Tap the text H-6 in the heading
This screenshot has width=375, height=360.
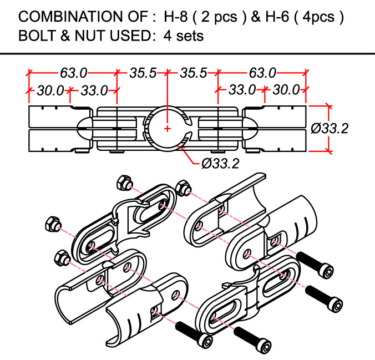click(x=276, y=17)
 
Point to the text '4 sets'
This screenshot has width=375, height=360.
click(x=184, y=37)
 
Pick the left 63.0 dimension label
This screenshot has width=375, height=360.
click(x=74, y=72)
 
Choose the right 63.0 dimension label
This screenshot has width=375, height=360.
click(x=262, y=72)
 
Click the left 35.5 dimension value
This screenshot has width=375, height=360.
click(x=143, y=72)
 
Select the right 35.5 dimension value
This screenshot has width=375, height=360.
click(x=193, y=72)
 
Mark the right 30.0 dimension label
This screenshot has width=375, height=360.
click(x=286, y=89)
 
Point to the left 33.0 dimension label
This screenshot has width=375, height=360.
click(x=94, y=89)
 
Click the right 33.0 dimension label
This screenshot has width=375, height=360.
click(x=242, y=89)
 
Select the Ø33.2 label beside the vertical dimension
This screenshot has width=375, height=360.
click(x=330, y=128)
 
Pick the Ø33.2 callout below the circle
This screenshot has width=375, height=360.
click(x=221, y=164)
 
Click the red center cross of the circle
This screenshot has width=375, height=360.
click(x=168, y=129)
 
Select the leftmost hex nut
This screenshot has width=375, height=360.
click(x=52, y=224)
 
